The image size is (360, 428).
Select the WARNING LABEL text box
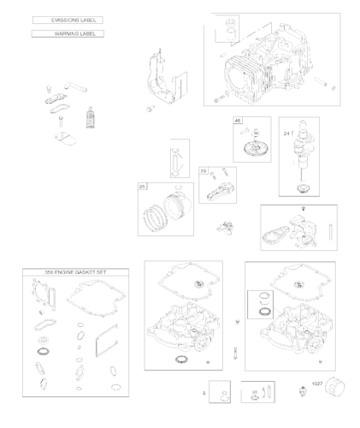tap(67, 33)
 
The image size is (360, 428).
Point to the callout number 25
tap(142, 186)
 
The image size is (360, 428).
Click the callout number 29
tap(204, 171)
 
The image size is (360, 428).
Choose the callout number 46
tap(239, 122)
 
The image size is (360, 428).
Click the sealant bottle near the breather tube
tap(88, 115)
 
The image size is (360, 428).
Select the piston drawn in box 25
tap(171, 209)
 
